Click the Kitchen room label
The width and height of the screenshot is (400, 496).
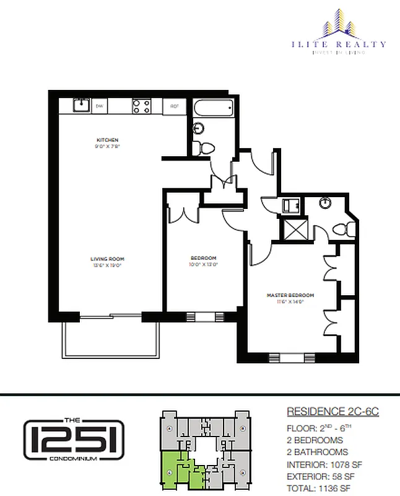pos(107,140)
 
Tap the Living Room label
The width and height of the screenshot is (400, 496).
pos(107,259)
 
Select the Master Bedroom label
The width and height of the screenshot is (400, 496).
pos(290,295)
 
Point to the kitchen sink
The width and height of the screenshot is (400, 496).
pos(80,105)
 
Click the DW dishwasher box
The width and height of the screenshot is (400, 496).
pos(99,106)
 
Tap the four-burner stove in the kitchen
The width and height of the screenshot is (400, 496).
pos(140,106)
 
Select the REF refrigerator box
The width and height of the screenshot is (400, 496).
pos(175,107)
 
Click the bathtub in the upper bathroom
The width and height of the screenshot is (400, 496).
pos(213,110)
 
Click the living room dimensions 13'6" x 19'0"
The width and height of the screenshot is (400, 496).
pos(107,265)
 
